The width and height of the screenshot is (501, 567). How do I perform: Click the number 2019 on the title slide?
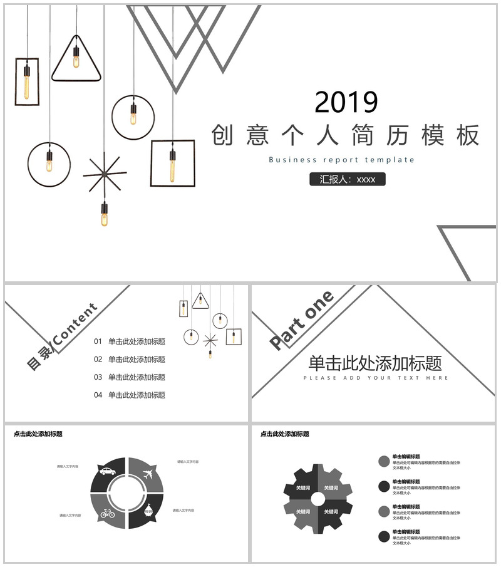[x=346, y=102]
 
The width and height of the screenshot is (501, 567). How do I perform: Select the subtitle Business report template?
[x=341, y=160]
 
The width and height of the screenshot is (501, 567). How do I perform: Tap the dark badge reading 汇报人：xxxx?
[x=348, y=179]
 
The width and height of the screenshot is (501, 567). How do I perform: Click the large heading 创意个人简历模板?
[x=346, y=135]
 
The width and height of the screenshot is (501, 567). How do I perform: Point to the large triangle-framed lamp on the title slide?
[x=76, y=60]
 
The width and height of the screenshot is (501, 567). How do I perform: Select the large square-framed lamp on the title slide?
[x=172, y=163]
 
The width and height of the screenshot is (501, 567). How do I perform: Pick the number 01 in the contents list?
[x=98, y=342]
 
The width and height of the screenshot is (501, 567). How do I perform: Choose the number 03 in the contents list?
[x=98, y=377]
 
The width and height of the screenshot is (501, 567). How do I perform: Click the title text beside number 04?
[x=137, y=395]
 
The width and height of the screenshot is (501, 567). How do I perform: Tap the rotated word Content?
[x=76, y=324]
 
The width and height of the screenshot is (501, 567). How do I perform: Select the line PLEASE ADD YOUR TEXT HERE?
[x=376, y=378]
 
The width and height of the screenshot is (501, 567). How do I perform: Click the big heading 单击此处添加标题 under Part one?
[x=375, y=363]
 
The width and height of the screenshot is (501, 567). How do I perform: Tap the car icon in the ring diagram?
[x=107, y=471]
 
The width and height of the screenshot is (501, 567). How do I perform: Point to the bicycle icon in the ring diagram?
[x=108, y=514]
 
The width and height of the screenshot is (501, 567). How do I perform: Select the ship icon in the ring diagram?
[x=148, y=511]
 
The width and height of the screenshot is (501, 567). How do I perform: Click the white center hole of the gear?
[x=318, y=499]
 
